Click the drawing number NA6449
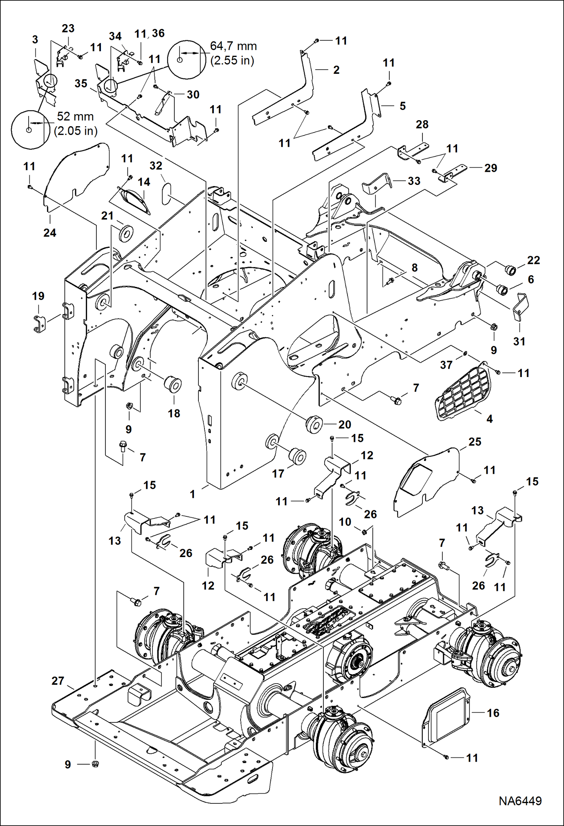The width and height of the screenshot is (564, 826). (x=520, y=801)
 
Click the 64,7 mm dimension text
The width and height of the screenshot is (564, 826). (x=233, y=46)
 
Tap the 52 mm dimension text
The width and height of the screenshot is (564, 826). (x=75, y=116)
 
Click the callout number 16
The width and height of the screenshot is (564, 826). (x=493, y=713)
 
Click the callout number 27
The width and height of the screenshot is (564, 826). (x=58, y=681)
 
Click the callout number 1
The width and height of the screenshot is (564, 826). (x=192, y=494)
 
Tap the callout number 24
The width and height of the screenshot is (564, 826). (x=50, y=233)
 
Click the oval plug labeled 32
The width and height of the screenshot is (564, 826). (x=166, y=194)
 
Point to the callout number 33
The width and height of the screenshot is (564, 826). (x=414, y=181)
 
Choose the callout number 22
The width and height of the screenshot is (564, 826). (x=534, y=260)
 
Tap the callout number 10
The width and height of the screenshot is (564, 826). (x=345, y=522)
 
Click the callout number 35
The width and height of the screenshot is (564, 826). (x=81, y=83)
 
